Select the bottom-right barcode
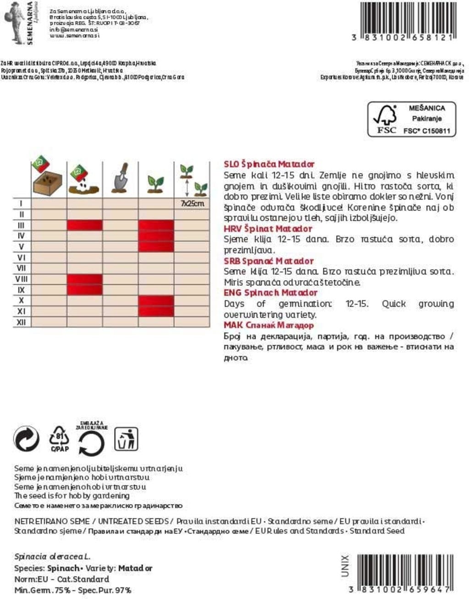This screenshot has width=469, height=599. [406, 570]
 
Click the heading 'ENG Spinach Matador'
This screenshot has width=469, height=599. [270, 293]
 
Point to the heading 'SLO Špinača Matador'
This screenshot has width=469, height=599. [269, 164]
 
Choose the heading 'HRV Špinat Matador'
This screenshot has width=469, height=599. [267, 228]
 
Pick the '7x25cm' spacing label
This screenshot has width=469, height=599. [192, 203]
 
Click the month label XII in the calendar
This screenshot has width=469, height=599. [21, 322]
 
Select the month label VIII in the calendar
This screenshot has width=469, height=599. [21, 279]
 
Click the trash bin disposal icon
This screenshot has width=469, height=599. [125, 439]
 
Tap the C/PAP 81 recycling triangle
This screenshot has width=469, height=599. [60, 439]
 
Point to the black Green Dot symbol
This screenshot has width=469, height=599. [26, 439]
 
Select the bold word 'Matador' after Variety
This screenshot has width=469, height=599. [135, 568]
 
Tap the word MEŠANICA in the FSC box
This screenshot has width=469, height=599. [426, 108]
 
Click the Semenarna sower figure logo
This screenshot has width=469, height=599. [14, 22]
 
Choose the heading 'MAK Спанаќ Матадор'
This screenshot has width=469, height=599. [269, 325]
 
